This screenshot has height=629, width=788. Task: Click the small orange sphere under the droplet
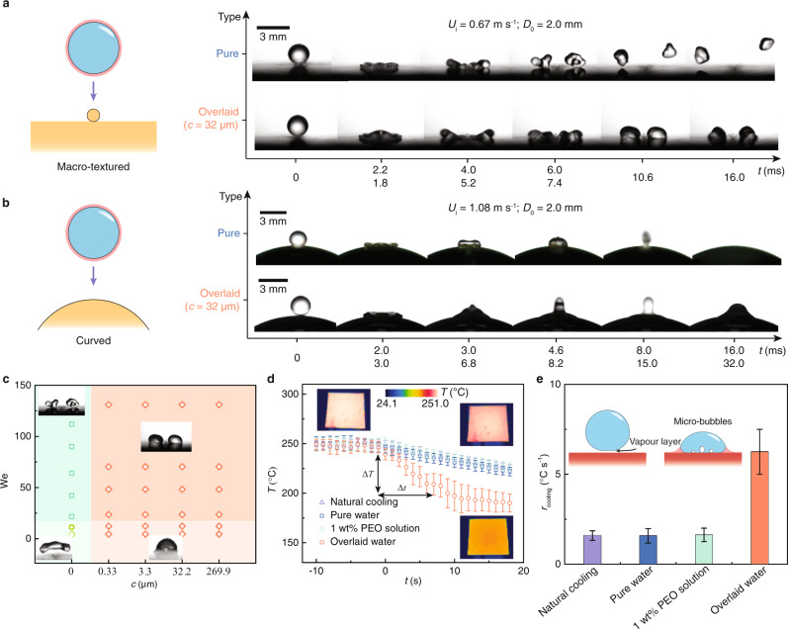[x=92, y=116]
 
